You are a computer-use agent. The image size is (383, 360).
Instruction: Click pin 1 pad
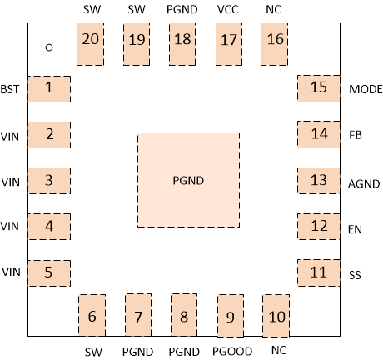(49, 88)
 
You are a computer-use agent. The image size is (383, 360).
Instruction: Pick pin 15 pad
(318, 88)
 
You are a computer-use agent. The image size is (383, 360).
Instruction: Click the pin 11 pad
(318, 272)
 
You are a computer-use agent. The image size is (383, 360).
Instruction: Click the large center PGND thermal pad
(188, 179)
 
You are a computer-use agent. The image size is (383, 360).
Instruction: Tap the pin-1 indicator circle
(49, 47)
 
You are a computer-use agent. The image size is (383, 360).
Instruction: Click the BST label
(10, 89)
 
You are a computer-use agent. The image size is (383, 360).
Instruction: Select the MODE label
(366, 89)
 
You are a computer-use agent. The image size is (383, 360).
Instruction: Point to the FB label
(356, 134)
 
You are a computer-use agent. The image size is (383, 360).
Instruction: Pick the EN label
(356, 226)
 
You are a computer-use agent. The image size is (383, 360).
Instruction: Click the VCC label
(228, 9)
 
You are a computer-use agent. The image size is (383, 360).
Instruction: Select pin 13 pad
(318, 180)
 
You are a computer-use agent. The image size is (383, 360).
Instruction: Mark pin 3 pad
(49, 180)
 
